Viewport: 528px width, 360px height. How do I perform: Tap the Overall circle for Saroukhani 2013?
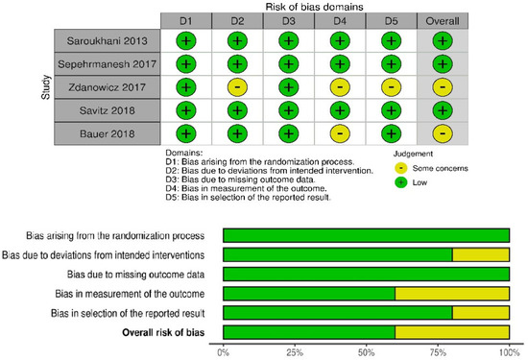(442, 40)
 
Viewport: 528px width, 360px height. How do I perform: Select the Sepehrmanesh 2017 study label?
(106, 63)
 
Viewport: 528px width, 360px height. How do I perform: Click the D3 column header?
(287, 19)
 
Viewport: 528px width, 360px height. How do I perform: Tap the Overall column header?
(442, 19)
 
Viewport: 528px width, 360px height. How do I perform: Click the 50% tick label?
(366, 351)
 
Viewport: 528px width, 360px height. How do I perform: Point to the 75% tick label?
(438, 351)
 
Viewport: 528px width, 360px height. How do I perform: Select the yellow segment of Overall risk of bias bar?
(451, 332)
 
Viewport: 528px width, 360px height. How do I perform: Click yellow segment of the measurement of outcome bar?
(451, 293)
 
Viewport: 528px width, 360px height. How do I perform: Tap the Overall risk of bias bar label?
(167, 332)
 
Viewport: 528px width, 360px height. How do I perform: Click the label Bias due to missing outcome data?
(137, 274)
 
